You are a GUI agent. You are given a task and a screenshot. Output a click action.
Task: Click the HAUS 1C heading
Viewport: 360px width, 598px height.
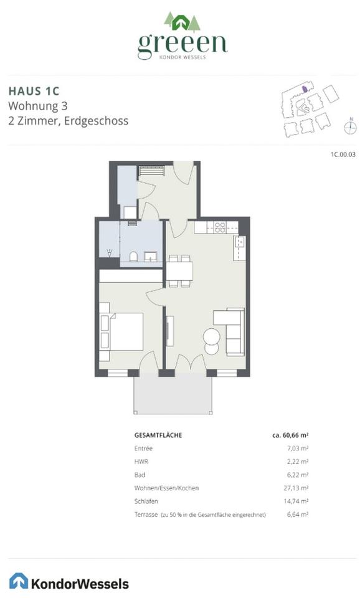coord(34,91)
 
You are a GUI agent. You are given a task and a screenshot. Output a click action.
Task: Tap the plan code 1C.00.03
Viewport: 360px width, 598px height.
coord(343,154)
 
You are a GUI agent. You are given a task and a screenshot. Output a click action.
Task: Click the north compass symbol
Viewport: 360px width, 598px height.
coord(350,126)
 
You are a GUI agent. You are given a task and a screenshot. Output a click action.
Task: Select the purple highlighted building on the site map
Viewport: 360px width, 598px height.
coord(305,89)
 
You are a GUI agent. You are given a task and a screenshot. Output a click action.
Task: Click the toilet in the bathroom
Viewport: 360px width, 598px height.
coord(133,256)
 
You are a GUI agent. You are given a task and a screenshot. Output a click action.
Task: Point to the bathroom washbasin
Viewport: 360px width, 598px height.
coord(150,256)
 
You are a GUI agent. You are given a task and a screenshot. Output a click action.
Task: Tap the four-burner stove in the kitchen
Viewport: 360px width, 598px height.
coord(220,227)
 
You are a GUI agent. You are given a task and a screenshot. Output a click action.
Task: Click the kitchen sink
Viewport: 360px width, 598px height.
coord(239,242)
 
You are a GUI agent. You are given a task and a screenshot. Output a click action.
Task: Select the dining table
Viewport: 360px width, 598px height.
coord(179,271)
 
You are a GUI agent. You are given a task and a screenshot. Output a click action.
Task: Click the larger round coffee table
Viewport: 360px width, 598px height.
coord(211,336)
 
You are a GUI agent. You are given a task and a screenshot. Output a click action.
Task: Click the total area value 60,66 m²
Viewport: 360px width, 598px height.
coord(290,435)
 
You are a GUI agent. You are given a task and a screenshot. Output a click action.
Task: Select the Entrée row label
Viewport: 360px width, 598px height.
coord(143,448)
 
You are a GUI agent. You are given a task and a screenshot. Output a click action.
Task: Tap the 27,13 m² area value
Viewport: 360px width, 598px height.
coord(296,488)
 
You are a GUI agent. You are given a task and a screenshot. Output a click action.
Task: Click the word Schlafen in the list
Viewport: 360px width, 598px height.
coord(146,501)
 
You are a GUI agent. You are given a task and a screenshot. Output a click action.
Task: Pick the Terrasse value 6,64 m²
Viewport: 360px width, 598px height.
coord(298,514)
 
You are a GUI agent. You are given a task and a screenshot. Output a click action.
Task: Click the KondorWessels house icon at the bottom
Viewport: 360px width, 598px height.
coord(19,581)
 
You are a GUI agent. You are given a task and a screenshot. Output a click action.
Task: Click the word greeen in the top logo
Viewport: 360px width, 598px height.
coord(182,44)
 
